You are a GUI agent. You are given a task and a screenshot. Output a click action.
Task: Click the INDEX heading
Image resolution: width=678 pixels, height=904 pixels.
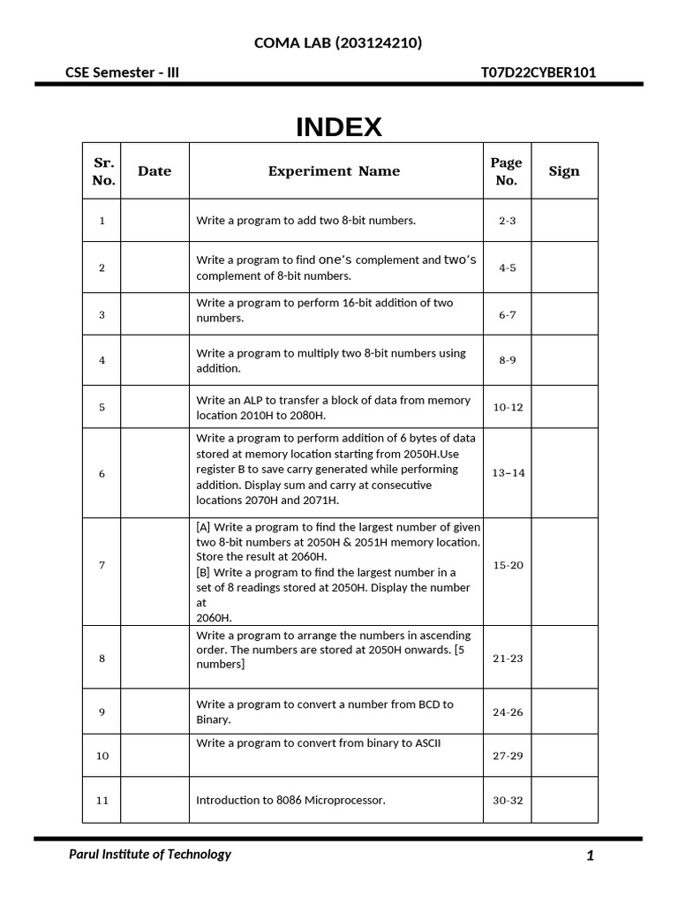pos(339,128)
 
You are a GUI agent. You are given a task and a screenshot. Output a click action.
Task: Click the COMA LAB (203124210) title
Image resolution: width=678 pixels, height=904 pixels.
pos(338,42)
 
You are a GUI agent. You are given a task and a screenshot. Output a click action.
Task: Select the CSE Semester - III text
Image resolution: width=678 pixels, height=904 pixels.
pos(122,72)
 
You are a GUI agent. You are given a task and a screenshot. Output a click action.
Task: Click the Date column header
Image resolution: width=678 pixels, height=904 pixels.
pos(154,171)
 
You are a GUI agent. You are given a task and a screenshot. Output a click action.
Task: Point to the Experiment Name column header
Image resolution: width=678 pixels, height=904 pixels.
pos(334,171)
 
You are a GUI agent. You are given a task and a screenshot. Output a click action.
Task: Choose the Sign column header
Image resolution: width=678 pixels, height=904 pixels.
pos(564,171)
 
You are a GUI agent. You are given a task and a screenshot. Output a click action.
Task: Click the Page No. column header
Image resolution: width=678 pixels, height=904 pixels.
pos(506,171)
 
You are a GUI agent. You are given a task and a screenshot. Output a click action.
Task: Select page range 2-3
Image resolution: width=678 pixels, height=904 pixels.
pos(507,221)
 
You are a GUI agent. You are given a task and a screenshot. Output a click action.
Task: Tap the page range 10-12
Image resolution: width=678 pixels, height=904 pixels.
pos(508,408)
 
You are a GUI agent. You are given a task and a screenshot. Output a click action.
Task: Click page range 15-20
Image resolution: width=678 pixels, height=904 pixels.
pos(508,565)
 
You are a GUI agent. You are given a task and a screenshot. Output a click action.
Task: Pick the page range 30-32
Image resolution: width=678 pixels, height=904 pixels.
pos(508,801)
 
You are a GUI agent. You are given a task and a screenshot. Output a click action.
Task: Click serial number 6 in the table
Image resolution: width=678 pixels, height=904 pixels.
pos(102,474)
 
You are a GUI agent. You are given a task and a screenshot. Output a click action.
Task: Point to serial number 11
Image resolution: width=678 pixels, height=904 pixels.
pos(102,801)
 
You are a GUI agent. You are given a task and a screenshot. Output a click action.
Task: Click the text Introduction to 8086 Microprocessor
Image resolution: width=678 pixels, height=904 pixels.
pos(290,801)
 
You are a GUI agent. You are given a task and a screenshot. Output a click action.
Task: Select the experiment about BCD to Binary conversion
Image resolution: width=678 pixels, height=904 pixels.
pos(324,712)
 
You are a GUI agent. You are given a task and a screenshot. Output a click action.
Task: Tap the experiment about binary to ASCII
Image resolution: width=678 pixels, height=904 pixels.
pos(318,743)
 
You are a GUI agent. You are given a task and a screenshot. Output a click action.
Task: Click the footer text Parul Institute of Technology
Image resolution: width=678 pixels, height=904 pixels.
pos(150,854)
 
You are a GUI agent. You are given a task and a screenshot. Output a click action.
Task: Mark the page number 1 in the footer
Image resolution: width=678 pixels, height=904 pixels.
pos(590,855)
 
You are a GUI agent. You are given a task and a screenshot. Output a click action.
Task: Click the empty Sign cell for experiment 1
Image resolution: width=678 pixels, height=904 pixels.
pos(564,221)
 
